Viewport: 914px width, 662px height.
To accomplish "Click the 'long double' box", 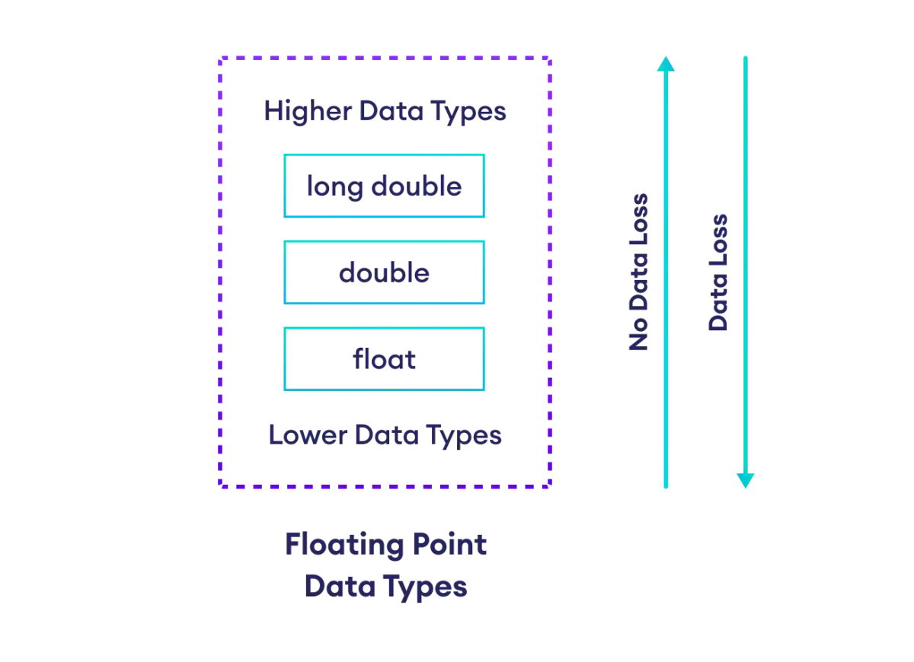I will coord(384,186).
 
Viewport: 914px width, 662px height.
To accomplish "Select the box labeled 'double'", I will coord(384,272).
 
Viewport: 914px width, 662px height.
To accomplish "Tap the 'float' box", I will coord(384,358).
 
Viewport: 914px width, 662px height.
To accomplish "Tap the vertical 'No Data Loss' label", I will coord(639,272).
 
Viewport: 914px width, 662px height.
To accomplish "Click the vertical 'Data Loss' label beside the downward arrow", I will coord(720,272).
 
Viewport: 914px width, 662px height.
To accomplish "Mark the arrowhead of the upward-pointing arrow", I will coord(665,64).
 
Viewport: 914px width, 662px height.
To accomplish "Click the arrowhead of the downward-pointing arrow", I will coord(745,479).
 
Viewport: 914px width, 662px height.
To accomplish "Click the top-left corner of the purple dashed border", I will coord(218,59).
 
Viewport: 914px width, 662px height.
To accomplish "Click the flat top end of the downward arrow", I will coord(745,56).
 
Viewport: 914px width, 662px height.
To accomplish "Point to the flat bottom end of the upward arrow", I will coord(665,490).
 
